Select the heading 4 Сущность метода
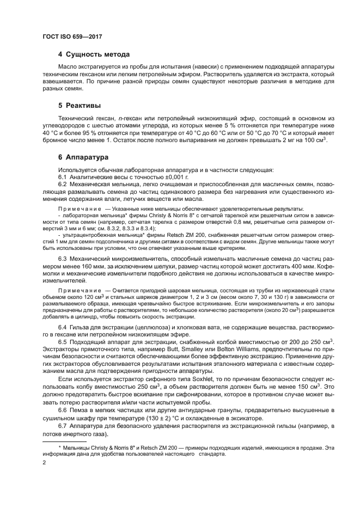point(94,54)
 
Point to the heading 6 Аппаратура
point(83,157)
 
